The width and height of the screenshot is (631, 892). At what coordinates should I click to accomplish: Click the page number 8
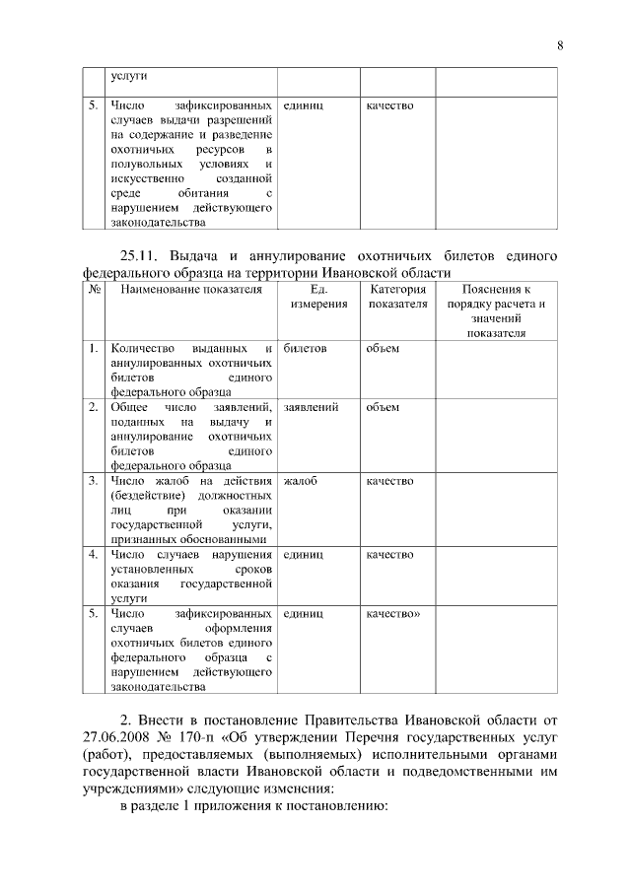[558, 45]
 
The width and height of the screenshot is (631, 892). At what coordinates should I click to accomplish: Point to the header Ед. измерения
[318, 297]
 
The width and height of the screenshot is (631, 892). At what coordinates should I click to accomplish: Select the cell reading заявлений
[312, 406]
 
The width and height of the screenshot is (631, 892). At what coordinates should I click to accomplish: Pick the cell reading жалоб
[301, 480]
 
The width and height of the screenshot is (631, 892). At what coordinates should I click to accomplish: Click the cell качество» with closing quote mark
[392, 612]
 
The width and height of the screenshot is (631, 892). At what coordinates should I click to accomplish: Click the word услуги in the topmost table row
[127, 75]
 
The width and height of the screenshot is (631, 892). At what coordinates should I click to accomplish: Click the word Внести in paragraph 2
[164, 719]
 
